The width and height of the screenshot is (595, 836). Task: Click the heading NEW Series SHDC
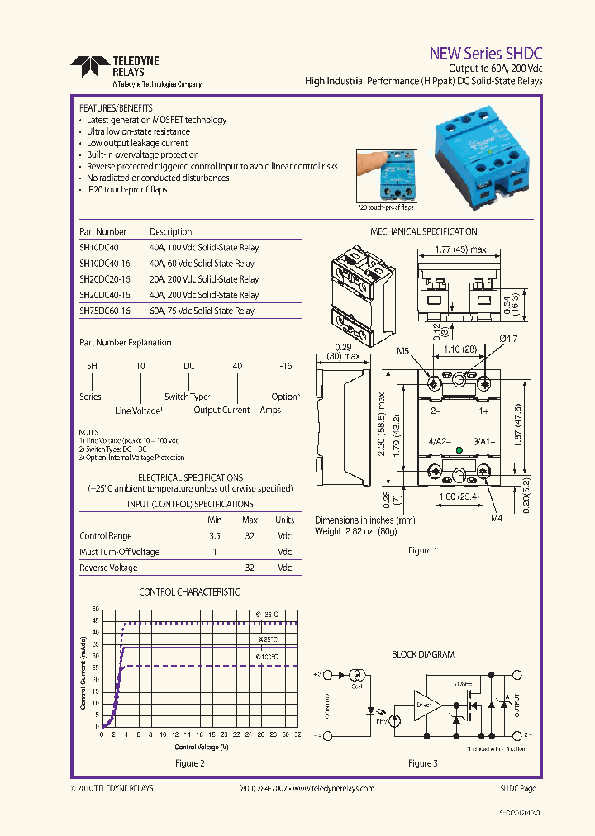pyautogui.click(x=485, y=52)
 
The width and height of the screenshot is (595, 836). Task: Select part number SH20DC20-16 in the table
pyautogui.click(x=105, y=279)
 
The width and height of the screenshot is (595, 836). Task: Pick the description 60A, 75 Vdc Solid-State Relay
pyautogui.click(x=202, y=311)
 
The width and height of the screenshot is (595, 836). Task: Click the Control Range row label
pyautogui.click(x=105, y=536)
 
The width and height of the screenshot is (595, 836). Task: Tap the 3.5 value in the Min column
pyautogui.click(x=215, y=536)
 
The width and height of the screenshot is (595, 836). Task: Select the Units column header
pyautogui.click(x=284, y=520)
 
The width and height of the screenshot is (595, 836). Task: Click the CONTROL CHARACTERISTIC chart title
pyautogui.click(x=189, y=592)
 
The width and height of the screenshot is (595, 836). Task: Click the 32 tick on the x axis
pyautogui.click(x=297, y=734)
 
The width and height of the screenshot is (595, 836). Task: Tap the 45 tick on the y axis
pyautogui.click(x=96, y=620)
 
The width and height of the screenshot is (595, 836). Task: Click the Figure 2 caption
pyautogui.click(x=190, y=764)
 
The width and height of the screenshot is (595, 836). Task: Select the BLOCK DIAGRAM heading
pyautogui.click(x=423, y=654)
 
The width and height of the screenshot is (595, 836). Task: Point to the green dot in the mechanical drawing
pyautogui.click(x=459, y=452)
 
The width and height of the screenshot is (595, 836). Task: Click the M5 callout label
pyautogui.click(x=403, y=351)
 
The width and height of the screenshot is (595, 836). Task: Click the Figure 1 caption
pyautogui.click(x=423, y=550)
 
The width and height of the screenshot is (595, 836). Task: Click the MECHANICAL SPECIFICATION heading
pyautogui.click(x=423, y=232)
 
